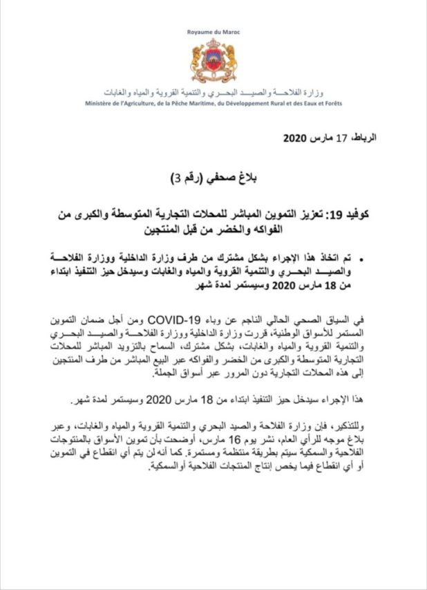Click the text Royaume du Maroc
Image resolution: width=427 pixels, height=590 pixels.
(x=213, y=33)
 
